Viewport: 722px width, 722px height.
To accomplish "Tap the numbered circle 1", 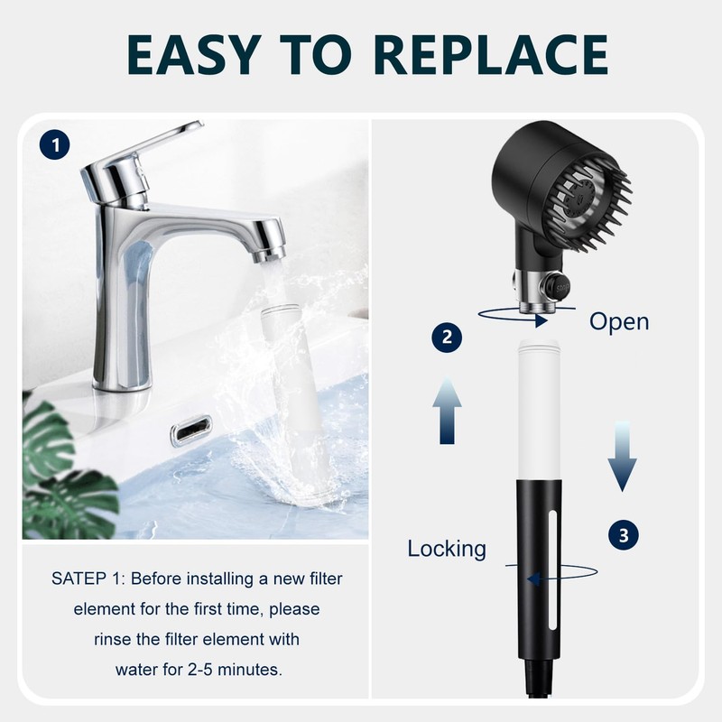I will point(56,143).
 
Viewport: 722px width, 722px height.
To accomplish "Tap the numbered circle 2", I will point(446,338).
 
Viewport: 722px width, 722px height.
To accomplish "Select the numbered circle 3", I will point(623,534).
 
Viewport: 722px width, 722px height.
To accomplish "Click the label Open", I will point(618,321).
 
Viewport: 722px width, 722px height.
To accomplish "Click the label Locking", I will point(447,548).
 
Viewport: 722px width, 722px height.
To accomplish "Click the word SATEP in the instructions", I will point(80,579).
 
